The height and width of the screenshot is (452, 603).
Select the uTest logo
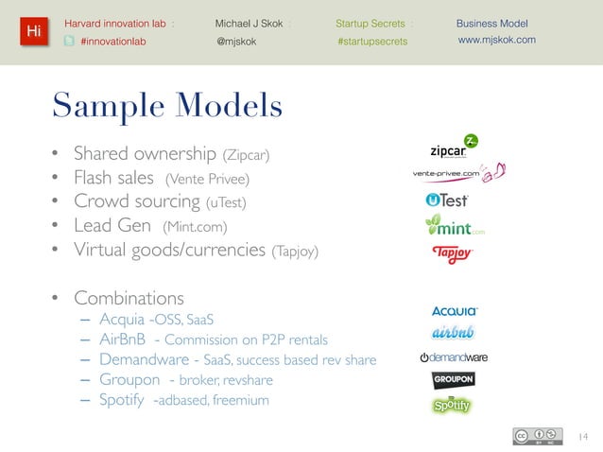448,200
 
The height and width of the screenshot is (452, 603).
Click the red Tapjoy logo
451,254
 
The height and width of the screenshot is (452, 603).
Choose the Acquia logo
455,311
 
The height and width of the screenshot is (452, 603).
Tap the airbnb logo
453,333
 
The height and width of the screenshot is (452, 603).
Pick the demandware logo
454,357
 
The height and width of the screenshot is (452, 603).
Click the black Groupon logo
453,380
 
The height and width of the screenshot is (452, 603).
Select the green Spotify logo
452,405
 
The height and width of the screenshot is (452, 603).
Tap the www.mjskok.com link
496,41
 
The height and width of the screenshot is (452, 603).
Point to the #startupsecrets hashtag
372,41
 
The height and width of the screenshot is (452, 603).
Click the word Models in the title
225,105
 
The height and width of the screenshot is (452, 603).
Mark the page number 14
581,436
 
